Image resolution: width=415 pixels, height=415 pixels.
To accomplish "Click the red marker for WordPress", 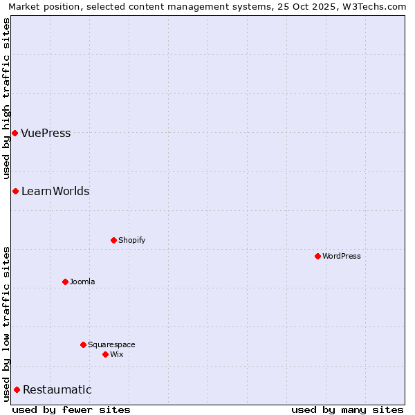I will [317, 256].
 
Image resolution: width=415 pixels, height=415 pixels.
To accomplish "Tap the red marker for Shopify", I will [113, 240].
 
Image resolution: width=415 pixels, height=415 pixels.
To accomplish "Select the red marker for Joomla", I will [65, 282].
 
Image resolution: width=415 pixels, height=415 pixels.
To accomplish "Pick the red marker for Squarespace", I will [83, 344].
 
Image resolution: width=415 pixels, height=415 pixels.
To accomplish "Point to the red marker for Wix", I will [105, 354].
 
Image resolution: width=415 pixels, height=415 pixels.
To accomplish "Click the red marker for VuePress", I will [15, 133].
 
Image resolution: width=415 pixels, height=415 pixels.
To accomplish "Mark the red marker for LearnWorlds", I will [15, 191].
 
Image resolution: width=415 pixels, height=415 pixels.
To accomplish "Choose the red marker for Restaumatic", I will [17, 389].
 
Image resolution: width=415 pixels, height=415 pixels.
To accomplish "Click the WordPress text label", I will [342, 256].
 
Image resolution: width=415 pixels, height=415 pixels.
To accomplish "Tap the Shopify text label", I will [132, 240].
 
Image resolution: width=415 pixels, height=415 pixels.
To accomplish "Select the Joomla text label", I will [82, 282].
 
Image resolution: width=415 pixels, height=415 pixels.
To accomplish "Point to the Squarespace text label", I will [111, 344].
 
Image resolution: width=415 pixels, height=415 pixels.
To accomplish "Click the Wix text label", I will [117, 354].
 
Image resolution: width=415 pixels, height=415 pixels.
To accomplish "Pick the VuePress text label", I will [46, 133].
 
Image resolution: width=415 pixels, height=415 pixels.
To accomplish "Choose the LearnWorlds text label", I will [55, 191].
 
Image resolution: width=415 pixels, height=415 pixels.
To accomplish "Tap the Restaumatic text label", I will [57, 389].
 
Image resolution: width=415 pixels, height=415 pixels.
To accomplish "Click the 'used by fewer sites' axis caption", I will [71, 409].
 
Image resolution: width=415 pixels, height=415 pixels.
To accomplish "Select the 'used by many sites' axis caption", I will [347, 409].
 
